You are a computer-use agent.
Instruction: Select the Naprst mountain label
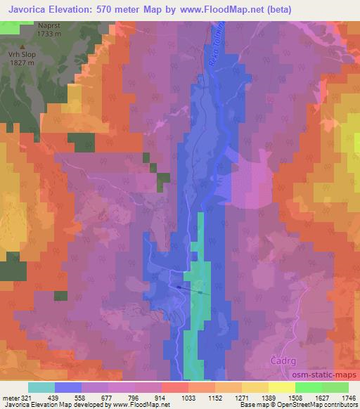[x=48, y=24]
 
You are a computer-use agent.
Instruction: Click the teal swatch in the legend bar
[x=41, y=387]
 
